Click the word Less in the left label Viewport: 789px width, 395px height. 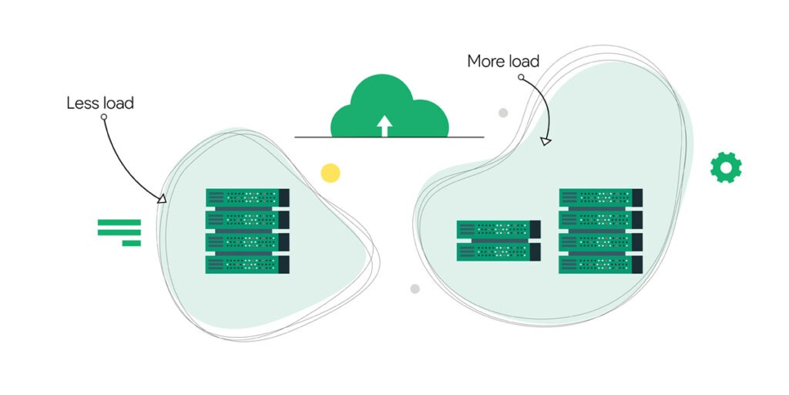click(82, 103)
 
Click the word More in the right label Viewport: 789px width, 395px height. click(485, 61)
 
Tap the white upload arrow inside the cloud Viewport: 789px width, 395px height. click(384, 126)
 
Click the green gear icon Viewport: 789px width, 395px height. click(726, 167)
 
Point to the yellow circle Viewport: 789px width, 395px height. click(331, 173)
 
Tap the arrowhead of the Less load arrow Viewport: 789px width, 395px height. click(162, 199)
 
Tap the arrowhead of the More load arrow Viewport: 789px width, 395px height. click(546, 141)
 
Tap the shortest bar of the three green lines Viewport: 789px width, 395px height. click(132, 243)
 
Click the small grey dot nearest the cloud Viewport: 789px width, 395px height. click(503, 113)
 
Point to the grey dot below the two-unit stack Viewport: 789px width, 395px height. click(415, 289)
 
